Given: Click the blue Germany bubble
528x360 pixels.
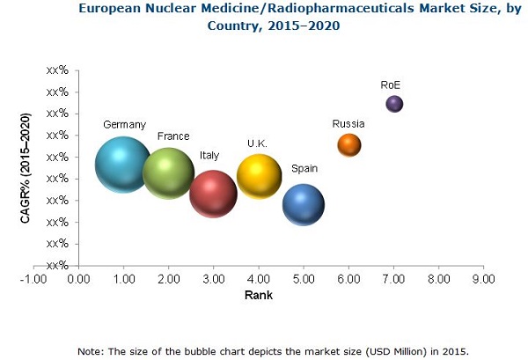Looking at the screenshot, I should [123, 165].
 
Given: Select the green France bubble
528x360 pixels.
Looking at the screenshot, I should [168, 173].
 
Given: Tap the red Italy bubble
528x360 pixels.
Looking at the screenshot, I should [214, 193].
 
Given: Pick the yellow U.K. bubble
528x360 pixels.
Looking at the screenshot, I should [259, 176].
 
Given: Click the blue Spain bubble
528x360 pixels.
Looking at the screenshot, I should [304, 205].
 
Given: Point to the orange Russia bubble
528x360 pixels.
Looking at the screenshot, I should [349, 144].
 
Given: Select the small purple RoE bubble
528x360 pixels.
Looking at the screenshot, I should [394, 104].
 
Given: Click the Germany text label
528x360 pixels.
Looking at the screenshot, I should [124, 124].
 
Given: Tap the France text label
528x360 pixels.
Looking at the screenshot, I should [173, 136].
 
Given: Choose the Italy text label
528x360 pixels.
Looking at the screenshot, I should [209, 155].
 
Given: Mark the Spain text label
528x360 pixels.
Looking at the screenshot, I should [304, 168].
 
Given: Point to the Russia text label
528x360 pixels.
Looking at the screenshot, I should [348, 123].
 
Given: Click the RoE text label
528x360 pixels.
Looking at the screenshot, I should [392, 85].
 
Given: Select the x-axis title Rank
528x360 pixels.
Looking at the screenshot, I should [258, 296].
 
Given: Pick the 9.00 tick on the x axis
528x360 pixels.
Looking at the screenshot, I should [482, 279].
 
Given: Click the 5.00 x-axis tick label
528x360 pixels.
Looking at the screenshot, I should [304, 279].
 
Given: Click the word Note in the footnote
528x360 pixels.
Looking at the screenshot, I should [92, 350].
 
